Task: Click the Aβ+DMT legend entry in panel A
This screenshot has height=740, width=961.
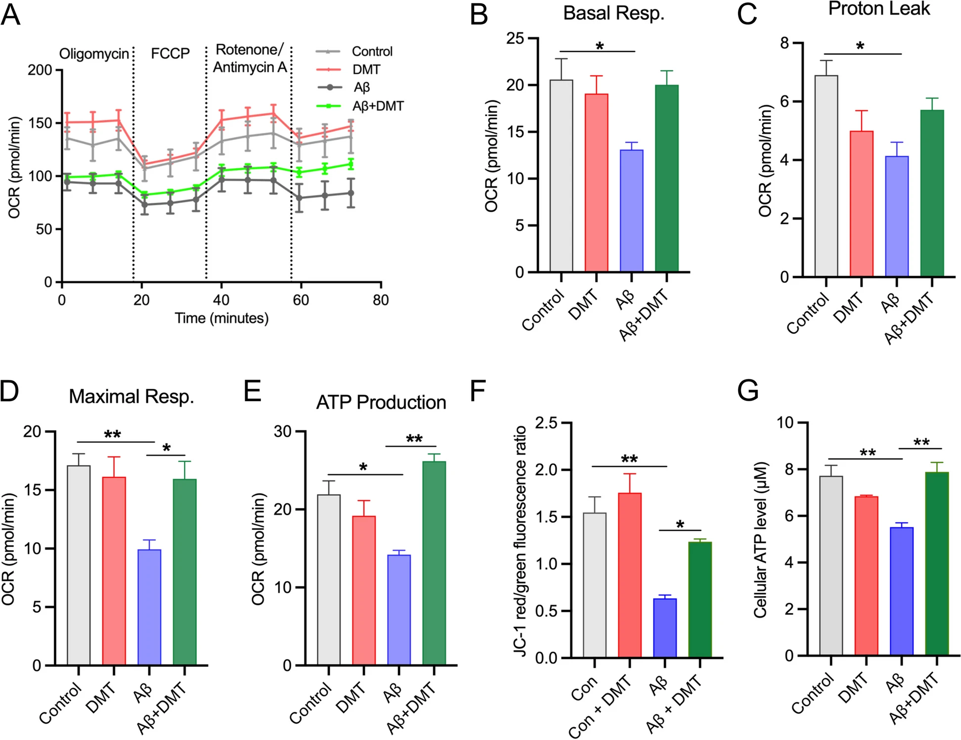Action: (378, 106)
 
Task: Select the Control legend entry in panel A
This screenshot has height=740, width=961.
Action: (372, 51)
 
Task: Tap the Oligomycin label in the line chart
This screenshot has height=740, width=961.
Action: (94, 53)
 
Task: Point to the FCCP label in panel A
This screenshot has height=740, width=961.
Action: (170, 53)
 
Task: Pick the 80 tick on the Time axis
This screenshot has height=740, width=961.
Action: (381, 300)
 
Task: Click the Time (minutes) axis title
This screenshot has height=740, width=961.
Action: (221, 318)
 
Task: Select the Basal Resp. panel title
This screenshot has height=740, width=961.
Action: (613, 13)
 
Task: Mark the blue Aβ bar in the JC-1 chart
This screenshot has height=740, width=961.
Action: (664, 628)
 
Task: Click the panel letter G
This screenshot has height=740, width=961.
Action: (747, 391)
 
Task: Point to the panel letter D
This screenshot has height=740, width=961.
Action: (9, 391)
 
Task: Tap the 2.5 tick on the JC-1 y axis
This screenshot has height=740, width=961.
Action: (546, 423)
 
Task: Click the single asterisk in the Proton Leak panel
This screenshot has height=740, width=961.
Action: (860, 46)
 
